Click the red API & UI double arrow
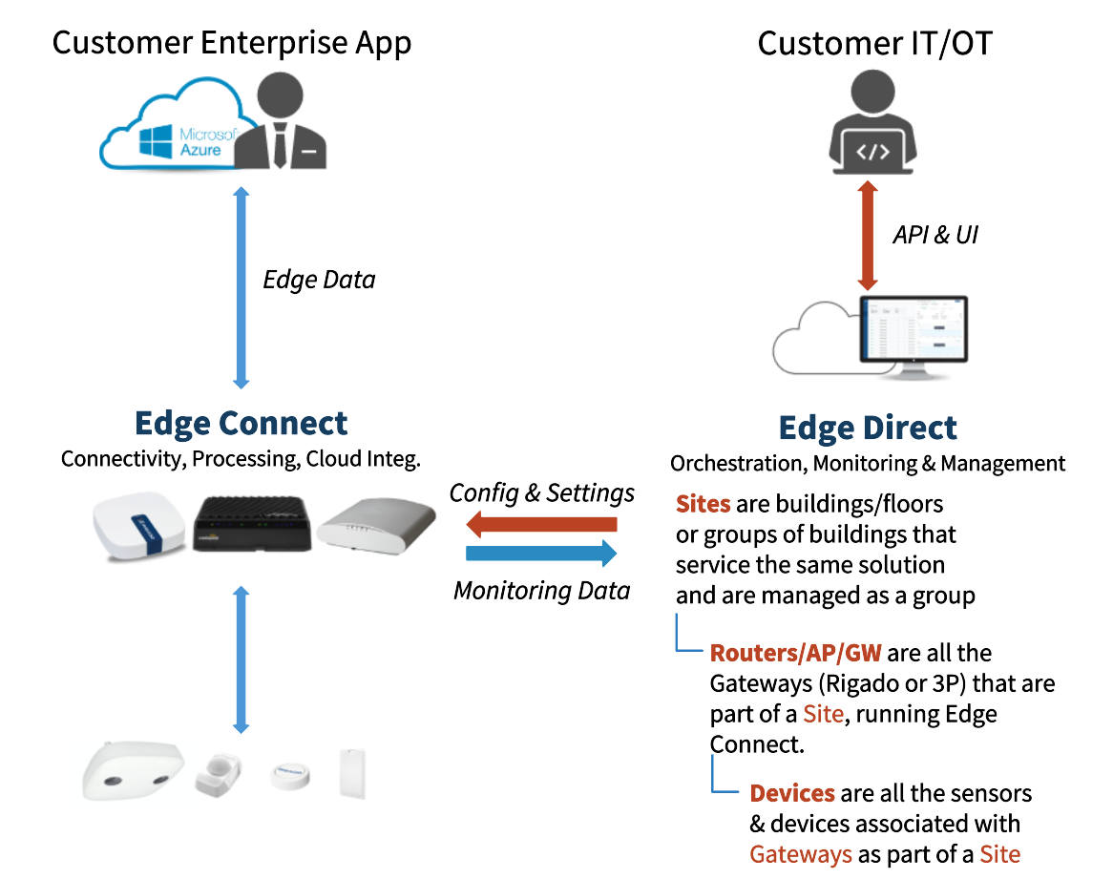coord(867,236)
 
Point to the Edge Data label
coord(319,280)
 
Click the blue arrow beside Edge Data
coord(241,286)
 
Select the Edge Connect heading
coord(241,423)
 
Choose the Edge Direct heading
coord(867,427)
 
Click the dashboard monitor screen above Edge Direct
coord(913,335)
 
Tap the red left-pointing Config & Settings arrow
coord(542,524)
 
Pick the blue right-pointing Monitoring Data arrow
coord(541,554)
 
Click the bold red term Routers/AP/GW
coord(795,654)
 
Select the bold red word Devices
coord(792,793)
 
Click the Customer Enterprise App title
coord(232,43)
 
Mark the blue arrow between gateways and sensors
coord(241,659)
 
